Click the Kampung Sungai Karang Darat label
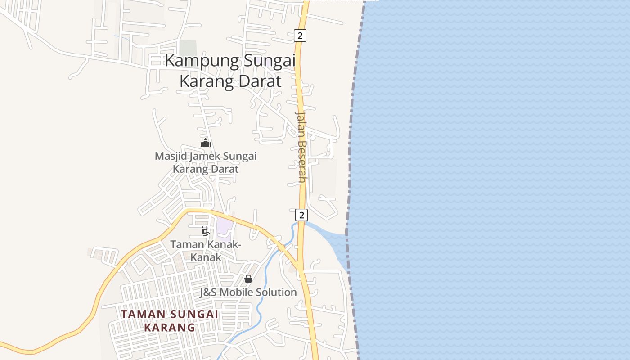tap(230, 71)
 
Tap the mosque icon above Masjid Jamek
tap(206, 143)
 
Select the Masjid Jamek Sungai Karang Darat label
tap(206, 162)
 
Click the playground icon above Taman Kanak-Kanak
tap(206, 231)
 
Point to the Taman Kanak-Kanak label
tap(206, 251)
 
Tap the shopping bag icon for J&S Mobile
tap(248, 279)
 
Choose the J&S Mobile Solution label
tap(248, 292)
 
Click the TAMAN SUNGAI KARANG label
tap(170, 320)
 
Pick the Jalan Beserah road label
tap(301, 146)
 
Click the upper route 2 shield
tap(300, 35)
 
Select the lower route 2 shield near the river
tap(301, 215)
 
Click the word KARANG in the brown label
tap(170, 327)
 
